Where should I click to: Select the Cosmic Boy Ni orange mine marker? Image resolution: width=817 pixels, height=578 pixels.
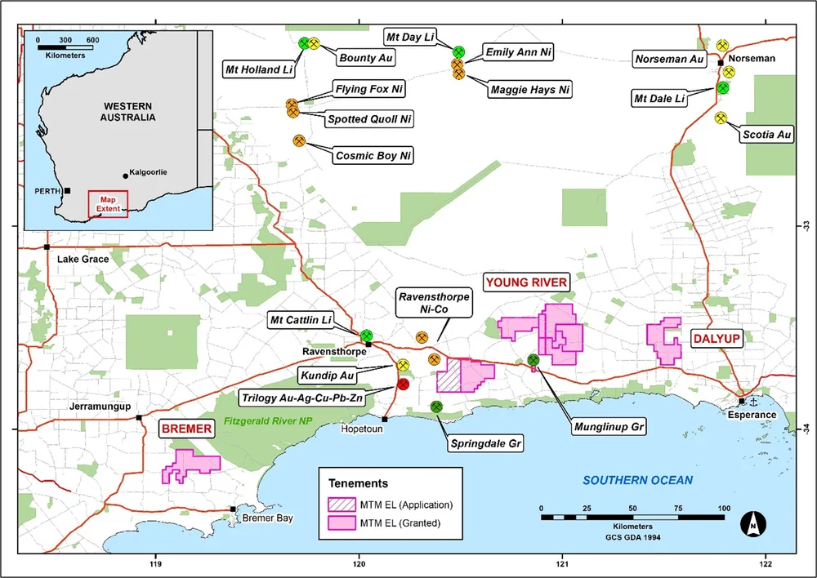[300, 141]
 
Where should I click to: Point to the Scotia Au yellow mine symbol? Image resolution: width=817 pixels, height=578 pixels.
[721, 118]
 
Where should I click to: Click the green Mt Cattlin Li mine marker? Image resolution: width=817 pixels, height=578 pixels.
[367, 336]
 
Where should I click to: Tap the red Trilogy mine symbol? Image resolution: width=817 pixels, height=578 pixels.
[403, 385]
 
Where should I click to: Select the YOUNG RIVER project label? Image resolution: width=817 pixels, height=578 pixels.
[526, 282]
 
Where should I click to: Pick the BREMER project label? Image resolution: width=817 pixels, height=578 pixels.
[185, 428]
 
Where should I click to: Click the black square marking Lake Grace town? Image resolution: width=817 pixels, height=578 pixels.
[47, 247]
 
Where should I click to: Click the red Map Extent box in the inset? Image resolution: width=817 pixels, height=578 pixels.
[107, 203]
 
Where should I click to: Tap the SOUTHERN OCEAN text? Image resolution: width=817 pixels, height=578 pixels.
[637, 480]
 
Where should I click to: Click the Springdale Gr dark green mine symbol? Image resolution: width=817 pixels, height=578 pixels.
[436, 407]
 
